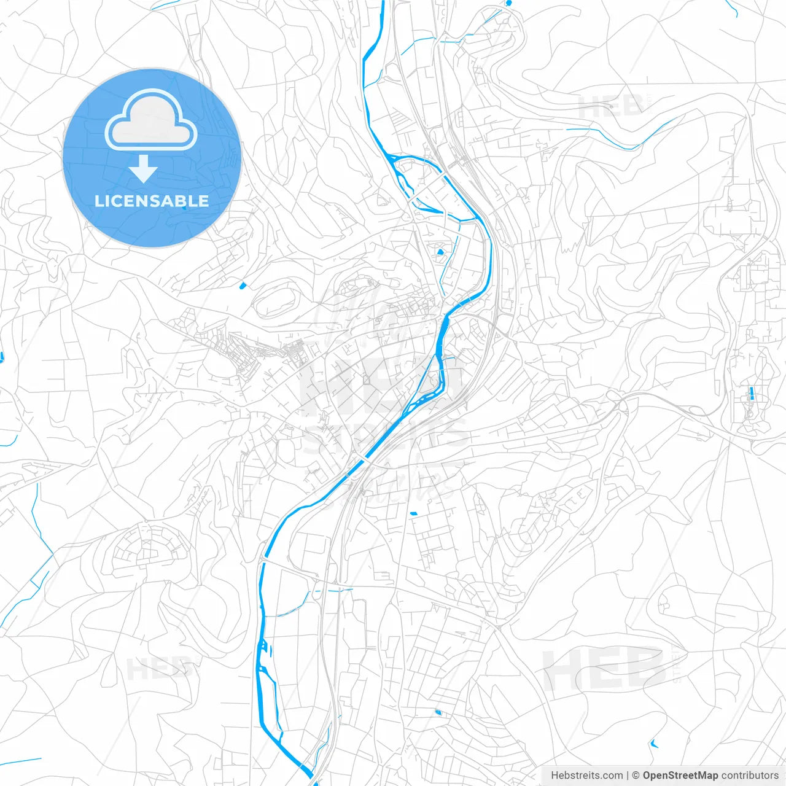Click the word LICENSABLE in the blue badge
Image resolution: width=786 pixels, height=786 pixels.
click(x=152, y=201)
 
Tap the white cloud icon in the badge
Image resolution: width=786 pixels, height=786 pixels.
click(x=151, y=122)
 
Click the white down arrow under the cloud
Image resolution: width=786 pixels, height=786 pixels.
click(x=144, y=169)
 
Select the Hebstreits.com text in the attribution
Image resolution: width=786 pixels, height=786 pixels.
click(x=586, y=776)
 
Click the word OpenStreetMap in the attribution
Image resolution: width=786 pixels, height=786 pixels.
click(x=680, y=776)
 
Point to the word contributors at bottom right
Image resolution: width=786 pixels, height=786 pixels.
click(x=750, y=776)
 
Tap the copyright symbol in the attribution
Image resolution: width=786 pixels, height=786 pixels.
click(x=636, y=776)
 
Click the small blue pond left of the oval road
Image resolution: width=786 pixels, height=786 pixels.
click(x=242, y=285)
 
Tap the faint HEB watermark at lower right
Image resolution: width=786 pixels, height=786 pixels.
click(x=605, y=669)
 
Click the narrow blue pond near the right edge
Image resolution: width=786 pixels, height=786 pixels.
click(x=751, y=394)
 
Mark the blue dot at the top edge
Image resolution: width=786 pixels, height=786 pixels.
click(x=508, y=3)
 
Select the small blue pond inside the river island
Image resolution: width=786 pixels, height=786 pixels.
click(x=440, y=251)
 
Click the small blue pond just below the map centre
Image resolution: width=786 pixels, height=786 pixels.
click(x=413, y=513)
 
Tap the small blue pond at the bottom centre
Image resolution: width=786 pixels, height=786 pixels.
click(x=438, y=712)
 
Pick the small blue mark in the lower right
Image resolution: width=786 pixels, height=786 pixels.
click(x=653, y=744)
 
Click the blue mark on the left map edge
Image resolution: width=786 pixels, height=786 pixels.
click(x=2, y=357)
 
